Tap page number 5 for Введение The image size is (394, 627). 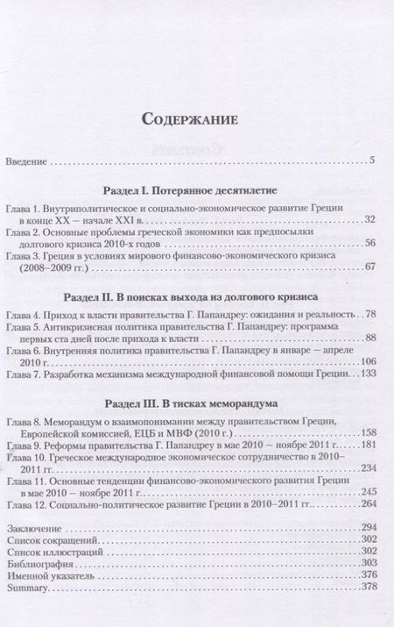pos(372,161)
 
